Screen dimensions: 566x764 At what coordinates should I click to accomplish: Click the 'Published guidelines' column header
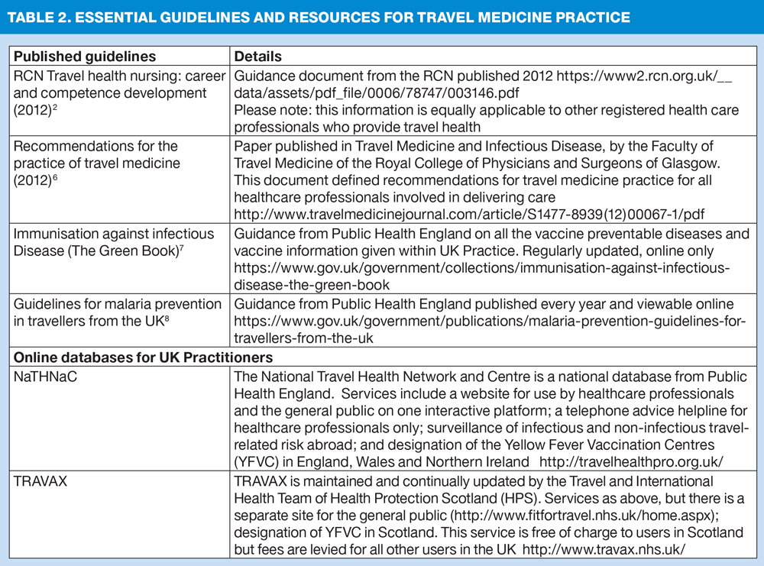85,57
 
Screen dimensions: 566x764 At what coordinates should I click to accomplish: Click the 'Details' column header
257,57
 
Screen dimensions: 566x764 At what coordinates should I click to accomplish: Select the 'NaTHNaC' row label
46,377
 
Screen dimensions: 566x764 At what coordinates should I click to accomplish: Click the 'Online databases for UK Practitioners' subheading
144,357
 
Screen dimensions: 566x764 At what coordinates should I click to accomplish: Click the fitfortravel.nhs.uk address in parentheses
569,516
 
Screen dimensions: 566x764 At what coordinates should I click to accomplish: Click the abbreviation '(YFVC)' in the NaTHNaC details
258,462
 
